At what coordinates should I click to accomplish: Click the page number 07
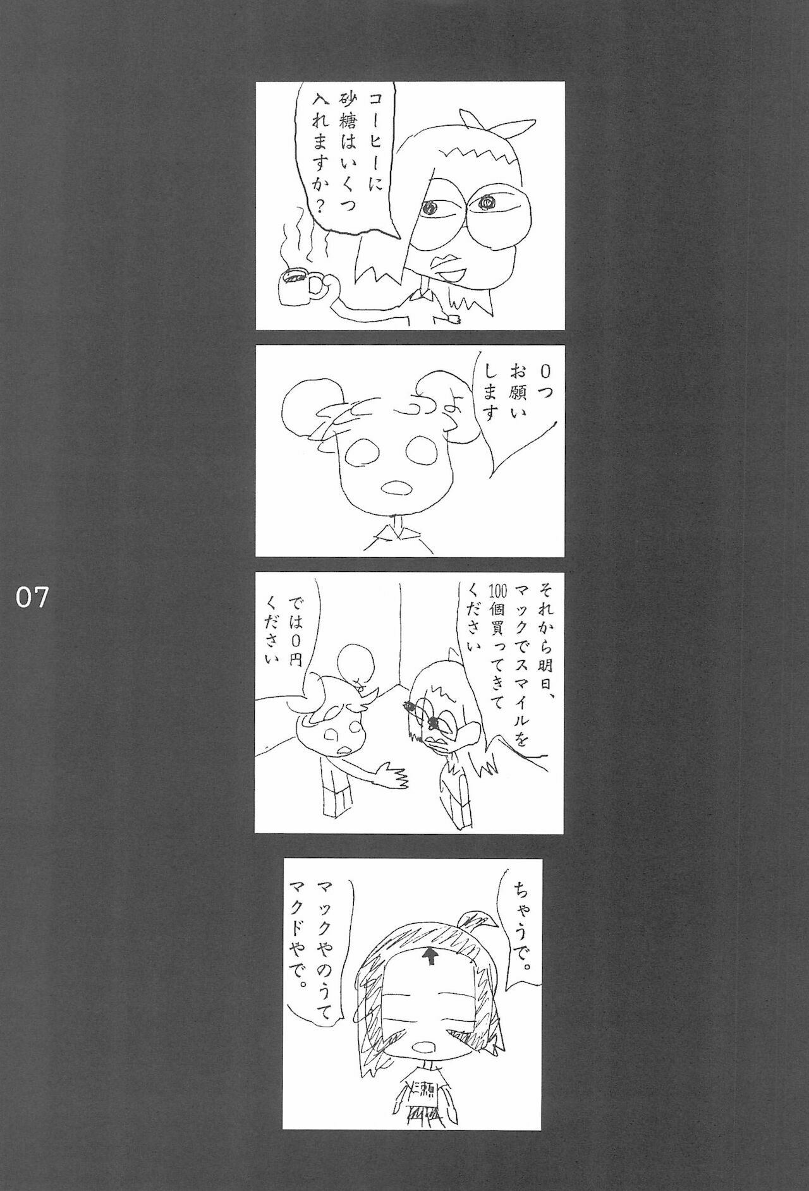point(32,596)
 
